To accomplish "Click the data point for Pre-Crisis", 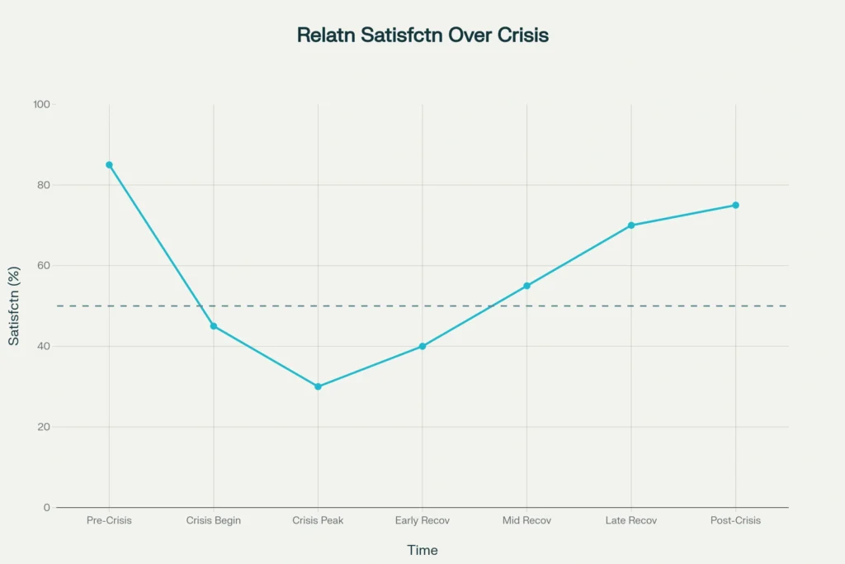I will point(109,165).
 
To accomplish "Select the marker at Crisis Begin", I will point(214,326).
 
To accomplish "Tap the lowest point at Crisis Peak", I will point(318,386).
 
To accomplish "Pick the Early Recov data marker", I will point(422,346).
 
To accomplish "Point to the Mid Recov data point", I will point(526,286).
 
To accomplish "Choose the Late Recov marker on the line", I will point(631,225).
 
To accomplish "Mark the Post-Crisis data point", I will point(735,205).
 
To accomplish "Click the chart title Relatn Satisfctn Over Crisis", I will point(422,36).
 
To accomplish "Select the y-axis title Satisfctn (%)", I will point(14,306).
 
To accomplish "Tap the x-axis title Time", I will point(422,550).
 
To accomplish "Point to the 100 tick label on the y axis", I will point(41,105).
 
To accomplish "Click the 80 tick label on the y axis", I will point(43,185).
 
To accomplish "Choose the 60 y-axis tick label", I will point(43,266).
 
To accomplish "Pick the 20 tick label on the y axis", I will point(43,427).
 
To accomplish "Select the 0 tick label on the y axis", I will point(46,507).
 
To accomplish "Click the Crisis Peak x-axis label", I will point(318,521).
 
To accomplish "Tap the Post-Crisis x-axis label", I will point(735,521).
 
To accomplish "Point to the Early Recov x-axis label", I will point(422,521).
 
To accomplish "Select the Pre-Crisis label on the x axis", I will point(109,521).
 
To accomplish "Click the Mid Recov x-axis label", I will point(526,521).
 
